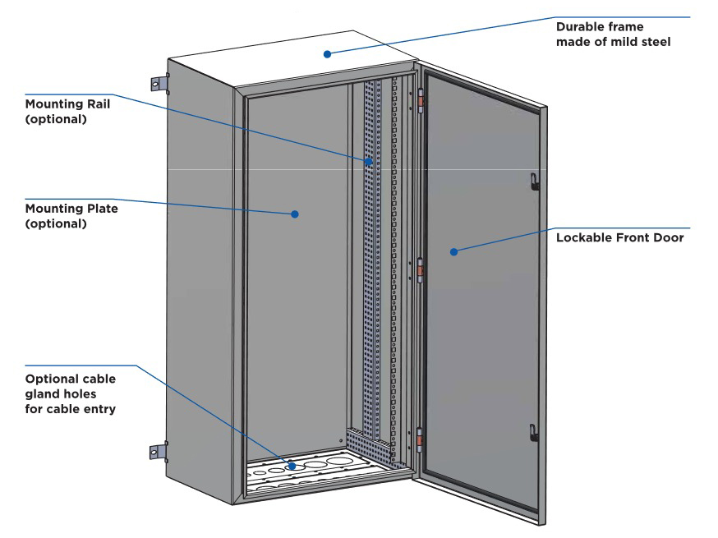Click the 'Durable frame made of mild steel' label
613,34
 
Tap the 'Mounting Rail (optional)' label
67,111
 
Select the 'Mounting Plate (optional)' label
71,216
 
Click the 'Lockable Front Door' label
619,237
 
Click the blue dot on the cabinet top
327,54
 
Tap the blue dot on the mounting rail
369,161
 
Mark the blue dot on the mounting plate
295,214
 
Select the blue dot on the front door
453,251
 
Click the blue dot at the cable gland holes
292,466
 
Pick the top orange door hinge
420,102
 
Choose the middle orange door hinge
420,270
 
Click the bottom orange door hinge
419,440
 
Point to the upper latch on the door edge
534,181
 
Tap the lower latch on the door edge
533,433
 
